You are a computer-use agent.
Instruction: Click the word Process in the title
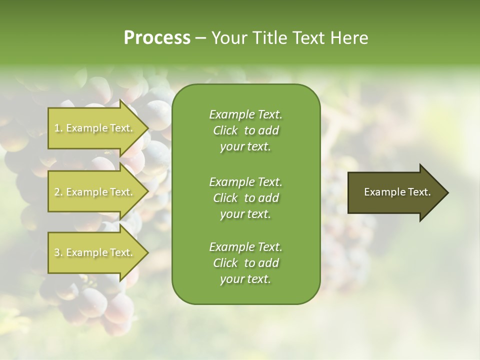coord(157,38)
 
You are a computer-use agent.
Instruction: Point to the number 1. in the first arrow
coord(58,128)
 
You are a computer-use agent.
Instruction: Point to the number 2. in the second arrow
coord(58,192)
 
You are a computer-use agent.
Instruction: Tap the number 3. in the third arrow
coord(58,252)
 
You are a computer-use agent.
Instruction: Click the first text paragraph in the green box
coord(245,130)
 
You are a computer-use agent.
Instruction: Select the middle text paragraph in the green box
coord(245,197)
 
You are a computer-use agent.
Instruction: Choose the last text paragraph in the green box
coord(245,263)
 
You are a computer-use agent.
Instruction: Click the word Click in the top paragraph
coord(225,130)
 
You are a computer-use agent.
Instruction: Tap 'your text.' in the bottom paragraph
coord(245,279)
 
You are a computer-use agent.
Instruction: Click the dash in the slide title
coord(200,38)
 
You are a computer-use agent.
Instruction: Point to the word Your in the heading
coord(227,38)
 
